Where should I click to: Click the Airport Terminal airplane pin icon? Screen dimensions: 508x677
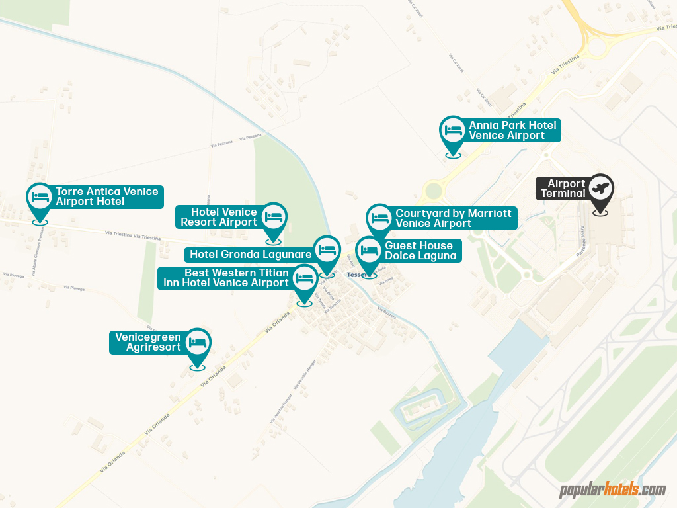(600, 188)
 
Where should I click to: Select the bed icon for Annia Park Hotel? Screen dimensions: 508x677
(454, 130)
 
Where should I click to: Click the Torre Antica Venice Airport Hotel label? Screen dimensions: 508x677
(107, 196)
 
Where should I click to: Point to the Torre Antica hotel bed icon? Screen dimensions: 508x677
(40, 196)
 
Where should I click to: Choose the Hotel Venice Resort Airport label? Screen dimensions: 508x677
(219, 217)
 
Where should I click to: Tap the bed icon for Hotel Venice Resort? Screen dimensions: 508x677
(274, 216)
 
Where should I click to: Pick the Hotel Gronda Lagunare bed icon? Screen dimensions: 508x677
(327, 249)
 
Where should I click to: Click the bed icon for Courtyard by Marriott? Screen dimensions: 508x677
(379, 218)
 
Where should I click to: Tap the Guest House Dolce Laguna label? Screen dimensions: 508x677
(420, 251)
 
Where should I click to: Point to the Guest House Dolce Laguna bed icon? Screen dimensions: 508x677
(369, 251)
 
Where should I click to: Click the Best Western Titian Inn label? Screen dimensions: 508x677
(226, 278)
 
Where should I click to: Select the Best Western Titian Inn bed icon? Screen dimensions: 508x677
(305, 278)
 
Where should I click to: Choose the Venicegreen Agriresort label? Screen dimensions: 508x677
(148, 343)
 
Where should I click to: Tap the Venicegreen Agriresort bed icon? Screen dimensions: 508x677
(198, 342)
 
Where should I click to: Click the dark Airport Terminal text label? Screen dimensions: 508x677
(563, 189)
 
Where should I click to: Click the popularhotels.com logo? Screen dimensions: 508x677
(612, 490)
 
